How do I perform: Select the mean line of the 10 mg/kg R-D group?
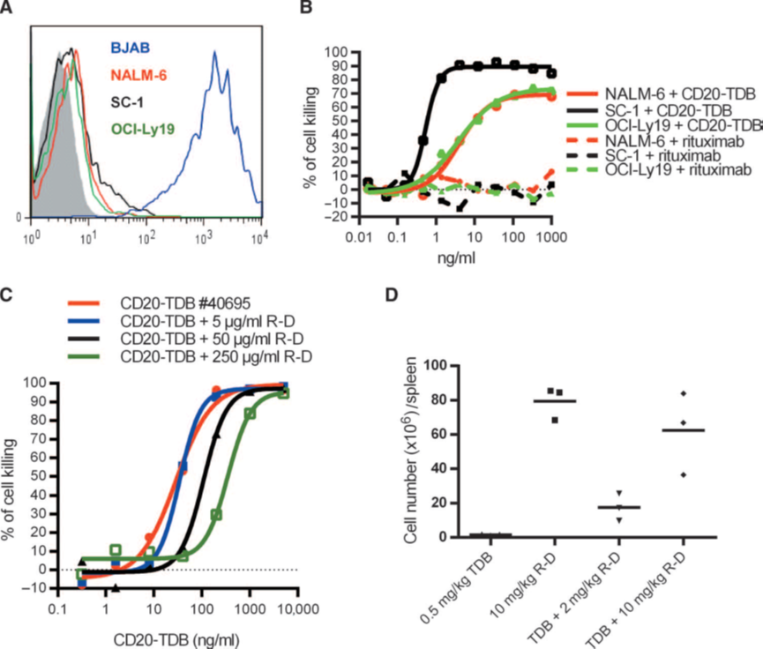click(554, 400)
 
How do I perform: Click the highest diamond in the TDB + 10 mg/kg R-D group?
click(683, 392)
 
